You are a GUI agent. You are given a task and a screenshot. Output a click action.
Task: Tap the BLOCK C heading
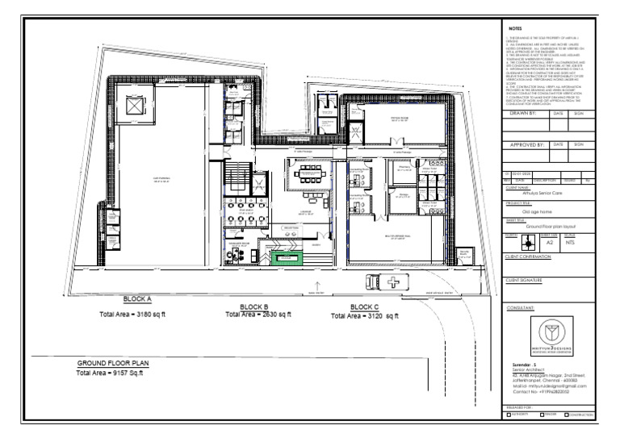click(365, 307)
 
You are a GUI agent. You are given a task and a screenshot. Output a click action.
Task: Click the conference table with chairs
click(308, 172)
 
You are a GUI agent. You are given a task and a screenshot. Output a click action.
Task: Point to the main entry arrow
click(316, 285)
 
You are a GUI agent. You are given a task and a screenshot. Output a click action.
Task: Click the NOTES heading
click(515, 27)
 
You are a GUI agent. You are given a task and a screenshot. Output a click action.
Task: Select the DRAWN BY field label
click(524, 114)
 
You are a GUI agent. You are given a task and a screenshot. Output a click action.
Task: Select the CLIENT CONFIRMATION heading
click(527, 257)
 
